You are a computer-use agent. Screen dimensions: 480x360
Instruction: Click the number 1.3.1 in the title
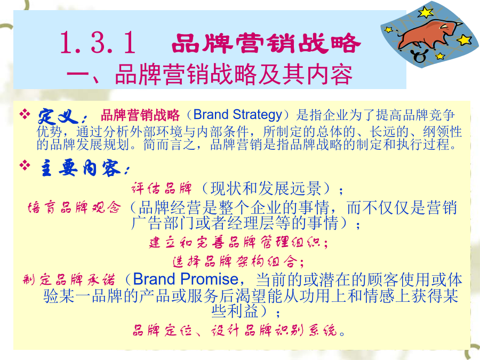click(x=98, y=43)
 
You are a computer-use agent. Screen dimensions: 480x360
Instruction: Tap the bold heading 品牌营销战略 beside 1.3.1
click(x=266, y=43)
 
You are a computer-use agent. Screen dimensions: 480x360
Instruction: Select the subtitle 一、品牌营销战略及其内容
click(x=210, y=74)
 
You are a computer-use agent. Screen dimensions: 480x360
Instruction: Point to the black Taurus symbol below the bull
click(x=419, y=56)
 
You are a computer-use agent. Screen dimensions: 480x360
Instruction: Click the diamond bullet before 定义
click(x=25, y=114)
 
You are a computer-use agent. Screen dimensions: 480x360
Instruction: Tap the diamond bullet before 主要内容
click(x=25, y=165)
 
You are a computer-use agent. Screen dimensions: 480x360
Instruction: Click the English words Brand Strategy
click(x=237, y=115)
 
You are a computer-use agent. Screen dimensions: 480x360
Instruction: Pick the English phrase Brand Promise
click(x=186, y=279)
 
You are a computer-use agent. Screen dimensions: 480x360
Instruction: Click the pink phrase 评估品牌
click(x=162, y=188)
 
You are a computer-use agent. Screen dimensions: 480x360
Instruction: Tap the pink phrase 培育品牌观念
click(x=74, y=207)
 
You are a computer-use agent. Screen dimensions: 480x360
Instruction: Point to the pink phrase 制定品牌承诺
click(x=69, y=279)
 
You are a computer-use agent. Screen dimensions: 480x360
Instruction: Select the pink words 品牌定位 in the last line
click(x=162, y=330)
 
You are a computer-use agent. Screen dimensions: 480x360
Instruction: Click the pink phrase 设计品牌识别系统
click(x=274, y=330)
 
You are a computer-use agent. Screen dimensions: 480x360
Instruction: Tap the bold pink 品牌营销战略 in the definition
click(x=140, y=115)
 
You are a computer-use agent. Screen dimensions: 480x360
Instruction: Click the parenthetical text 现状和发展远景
click(x=266, y=188)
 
